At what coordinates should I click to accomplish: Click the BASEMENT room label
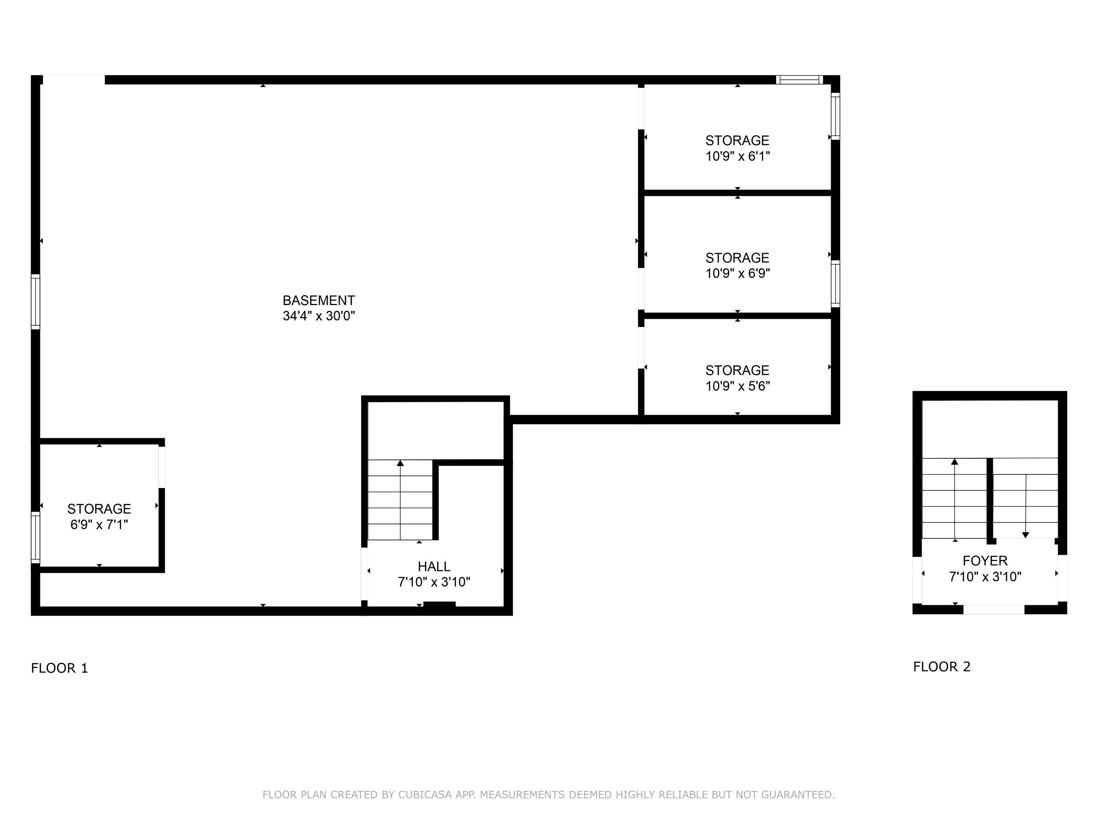[x=319, y=300]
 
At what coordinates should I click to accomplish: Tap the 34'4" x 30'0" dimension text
[x=319, y=316]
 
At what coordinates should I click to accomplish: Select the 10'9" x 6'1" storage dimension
[x=737, y=156]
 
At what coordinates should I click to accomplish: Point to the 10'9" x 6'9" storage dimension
[x=737, y=273]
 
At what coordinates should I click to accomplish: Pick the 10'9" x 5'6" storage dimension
[x=737, y=386]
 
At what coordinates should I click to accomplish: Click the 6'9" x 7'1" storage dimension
[x=99, y=525]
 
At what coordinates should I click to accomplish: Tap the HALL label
[x=434, y=567]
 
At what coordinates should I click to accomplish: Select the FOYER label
[x=985, y=561]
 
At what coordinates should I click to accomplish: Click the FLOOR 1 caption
[x=60, y=668]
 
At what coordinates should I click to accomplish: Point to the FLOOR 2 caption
[x=942, y=667]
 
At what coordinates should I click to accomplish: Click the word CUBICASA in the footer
[x=425, y=795]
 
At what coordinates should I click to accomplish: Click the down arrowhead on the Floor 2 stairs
[x=1026, y=535]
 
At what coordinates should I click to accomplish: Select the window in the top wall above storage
[x=799, y=80]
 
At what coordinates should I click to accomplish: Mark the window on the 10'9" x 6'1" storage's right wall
[x=836, y=116]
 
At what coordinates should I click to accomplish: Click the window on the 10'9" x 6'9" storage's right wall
[x=836, y=284]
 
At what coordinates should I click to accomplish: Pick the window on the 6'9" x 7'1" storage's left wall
[x=35, y=538]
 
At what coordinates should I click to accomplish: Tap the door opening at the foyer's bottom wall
[x=994, y=610]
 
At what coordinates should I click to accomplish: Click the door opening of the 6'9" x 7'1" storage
[x=162, y=467]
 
